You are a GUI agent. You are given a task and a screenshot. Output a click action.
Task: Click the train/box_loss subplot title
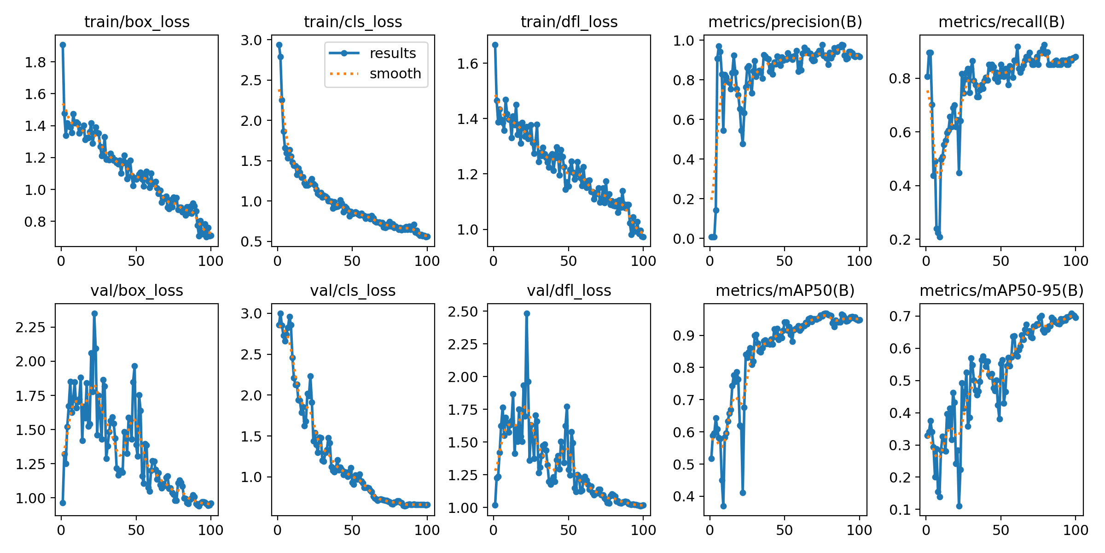[137, 22]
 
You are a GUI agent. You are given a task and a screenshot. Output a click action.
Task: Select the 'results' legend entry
[392, 53]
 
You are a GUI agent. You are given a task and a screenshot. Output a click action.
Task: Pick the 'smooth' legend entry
[395, 74]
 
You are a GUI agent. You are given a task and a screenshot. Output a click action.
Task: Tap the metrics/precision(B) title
[785, 22]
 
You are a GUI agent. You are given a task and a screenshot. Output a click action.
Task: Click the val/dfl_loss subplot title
[569, 290]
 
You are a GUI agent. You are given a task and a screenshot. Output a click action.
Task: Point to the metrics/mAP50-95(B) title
[1001, 290]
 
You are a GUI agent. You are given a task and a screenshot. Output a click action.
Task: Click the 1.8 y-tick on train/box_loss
[35, 62]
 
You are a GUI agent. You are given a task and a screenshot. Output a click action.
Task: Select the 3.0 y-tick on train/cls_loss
[251, 40]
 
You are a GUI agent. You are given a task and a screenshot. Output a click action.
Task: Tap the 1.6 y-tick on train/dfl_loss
[468, 64]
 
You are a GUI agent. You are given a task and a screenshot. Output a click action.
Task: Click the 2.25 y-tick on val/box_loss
[30, 327]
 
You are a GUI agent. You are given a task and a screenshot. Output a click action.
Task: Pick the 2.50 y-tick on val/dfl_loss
[463, 312]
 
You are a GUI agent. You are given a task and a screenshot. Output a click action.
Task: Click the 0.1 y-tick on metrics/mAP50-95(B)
[900, 510]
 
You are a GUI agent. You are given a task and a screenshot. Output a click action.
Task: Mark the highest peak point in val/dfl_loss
[527, 313]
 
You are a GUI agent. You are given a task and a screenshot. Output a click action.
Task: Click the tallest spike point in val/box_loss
[94, 313]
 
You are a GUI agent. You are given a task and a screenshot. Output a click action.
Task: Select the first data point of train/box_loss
[63, 45]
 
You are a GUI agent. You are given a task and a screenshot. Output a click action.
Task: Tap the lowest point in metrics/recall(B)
[940, 237]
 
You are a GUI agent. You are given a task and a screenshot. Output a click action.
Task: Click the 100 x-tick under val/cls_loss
[427, 530]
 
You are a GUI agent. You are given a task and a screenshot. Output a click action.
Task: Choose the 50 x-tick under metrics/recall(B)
[1001, 261]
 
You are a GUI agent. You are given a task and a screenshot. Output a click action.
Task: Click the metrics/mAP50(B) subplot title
[785, 290]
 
